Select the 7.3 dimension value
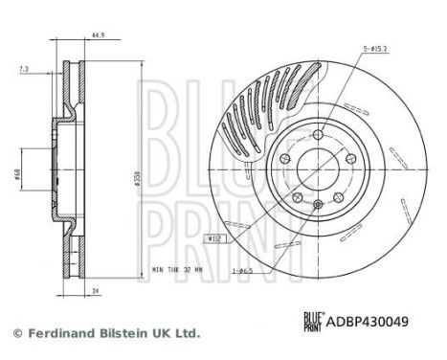[x=22, y=69]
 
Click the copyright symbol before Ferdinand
[x=17, y=333]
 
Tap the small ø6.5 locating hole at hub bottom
[x=318, y=204]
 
